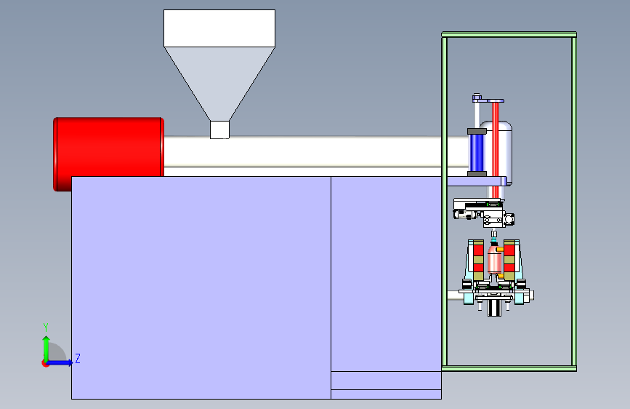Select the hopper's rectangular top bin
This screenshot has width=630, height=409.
point(219,28)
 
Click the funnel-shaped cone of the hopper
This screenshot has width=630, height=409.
point(219,80)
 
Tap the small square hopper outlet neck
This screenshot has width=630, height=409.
point(219,130)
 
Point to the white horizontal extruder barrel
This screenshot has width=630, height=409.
point(305,151)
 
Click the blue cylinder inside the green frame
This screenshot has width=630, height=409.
point(477,152)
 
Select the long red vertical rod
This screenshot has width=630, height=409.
point(496,146)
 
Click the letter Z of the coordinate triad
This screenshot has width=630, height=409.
point(77,359)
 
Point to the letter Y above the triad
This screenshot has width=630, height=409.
point(45,327)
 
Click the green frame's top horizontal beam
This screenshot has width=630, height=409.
point(509,34)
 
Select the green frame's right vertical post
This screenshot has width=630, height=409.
point(573,200)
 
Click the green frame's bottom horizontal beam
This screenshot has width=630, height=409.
point(509,368)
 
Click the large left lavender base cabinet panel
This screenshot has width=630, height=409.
point(201,287)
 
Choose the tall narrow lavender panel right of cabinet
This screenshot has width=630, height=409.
point(386,273)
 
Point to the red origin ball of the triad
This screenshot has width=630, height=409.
point(46,362)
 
